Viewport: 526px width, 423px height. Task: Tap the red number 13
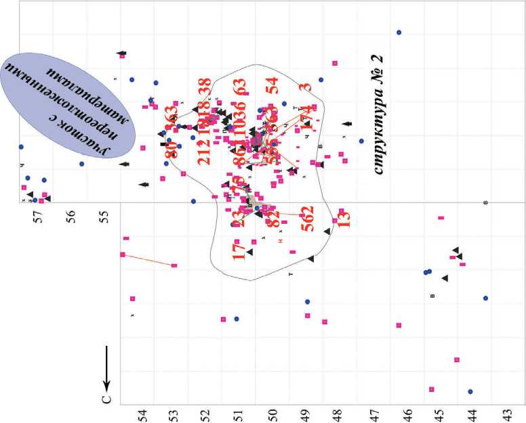(x=344, y=218)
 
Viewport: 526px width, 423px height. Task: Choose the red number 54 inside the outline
(x=272, y=85)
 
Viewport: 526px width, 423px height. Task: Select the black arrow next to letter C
(x=106, y=365)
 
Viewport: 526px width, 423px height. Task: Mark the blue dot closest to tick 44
(x=470, y=391)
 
